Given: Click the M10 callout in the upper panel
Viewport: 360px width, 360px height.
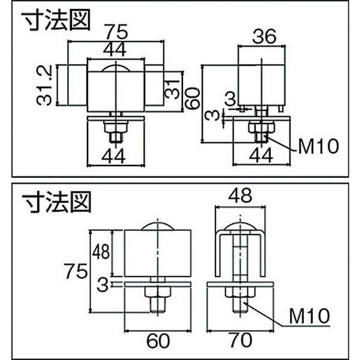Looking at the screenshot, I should (x=319, y=145).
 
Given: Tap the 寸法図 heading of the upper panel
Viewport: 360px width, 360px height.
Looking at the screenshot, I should (x=57, y=20).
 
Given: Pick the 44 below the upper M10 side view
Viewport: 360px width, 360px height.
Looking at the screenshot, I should (x=262, y=157).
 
